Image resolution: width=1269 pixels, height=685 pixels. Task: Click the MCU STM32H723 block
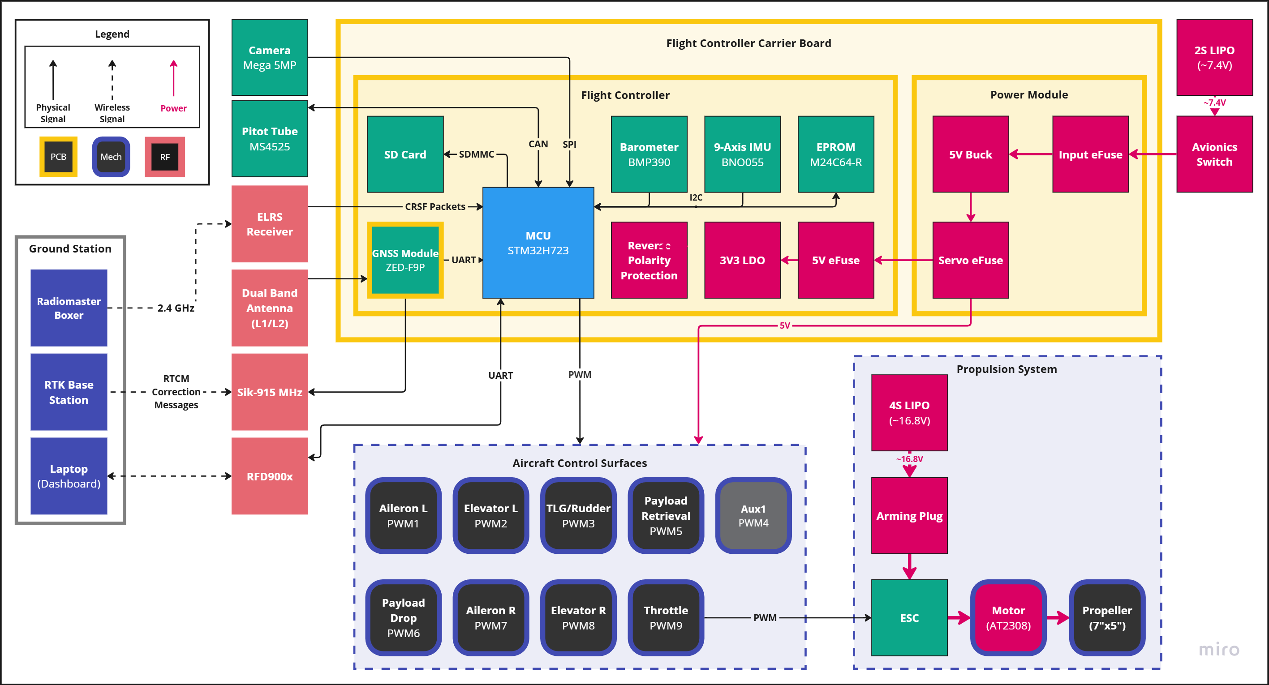[538, 242]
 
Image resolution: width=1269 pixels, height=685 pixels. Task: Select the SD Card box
[405, 154]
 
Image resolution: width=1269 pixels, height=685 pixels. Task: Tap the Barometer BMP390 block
[649, 154]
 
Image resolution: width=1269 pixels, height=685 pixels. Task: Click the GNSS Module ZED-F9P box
[405, 260]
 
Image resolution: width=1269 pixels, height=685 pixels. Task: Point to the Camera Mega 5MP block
[270, 57]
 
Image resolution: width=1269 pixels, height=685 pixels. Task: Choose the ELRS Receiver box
[270, 224]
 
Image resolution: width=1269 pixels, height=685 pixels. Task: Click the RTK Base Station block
[69, 392]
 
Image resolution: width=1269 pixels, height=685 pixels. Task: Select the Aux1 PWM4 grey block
[753, 515]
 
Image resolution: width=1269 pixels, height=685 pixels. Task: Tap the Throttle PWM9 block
[666, 617]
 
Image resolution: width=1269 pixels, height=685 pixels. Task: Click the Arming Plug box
[909, 516]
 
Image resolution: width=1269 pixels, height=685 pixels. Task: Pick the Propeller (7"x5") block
[1107, 617]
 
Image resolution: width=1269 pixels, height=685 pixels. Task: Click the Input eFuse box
[1090, 154]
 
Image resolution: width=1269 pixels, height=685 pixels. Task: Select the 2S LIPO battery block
[1214, 57]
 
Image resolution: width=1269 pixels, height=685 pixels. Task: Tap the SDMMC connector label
[476, 154]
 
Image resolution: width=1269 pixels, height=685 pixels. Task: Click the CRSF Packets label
[434, 207]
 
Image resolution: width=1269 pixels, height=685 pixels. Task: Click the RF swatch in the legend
[164, 157]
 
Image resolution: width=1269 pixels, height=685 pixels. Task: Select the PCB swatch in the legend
[58, 157]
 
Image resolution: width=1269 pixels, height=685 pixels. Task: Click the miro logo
[1219, 650]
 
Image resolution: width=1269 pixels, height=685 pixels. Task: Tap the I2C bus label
[696, 197]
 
